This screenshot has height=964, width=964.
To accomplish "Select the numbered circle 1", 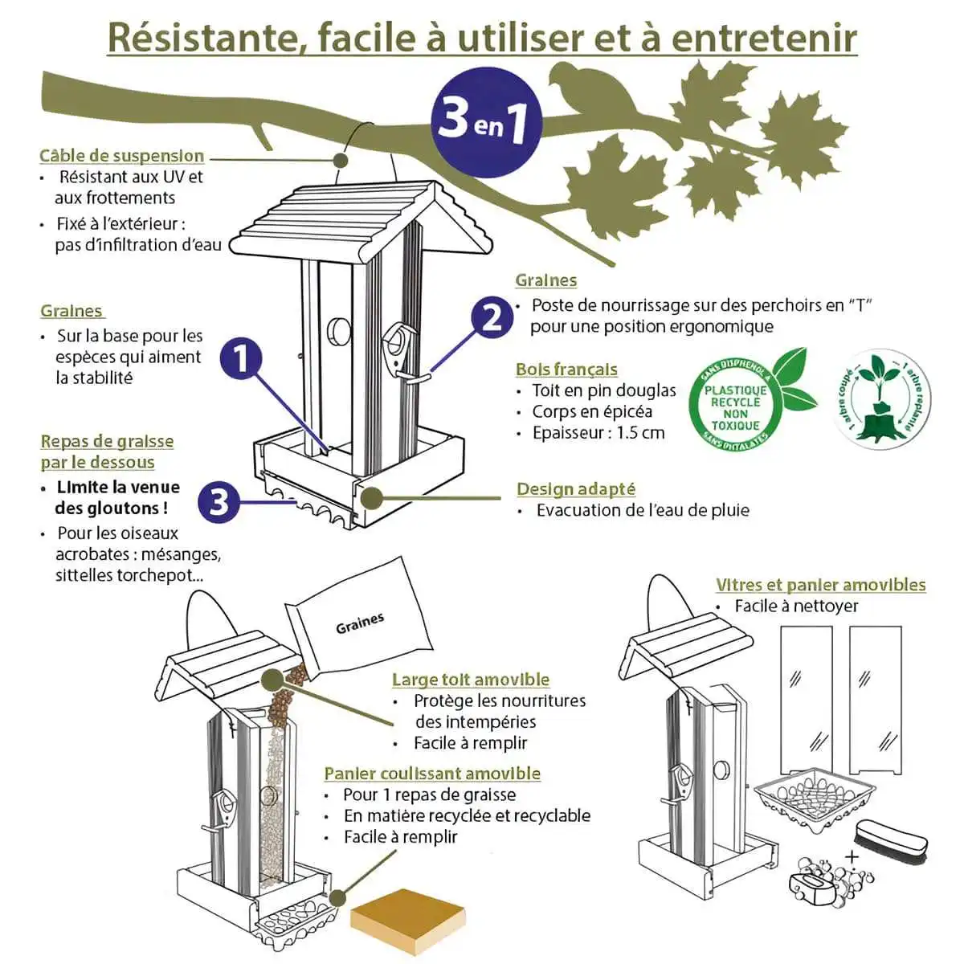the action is (x=241, y=358).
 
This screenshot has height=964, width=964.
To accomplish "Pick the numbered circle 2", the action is (x=492, y=317).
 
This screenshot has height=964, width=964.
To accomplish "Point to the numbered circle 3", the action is (x=219, y=502).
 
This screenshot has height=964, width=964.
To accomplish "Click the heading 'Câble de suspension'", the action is (x=121, y=156).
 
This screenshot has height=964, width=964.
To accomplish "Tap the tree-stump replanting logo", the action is (x=881, y=398).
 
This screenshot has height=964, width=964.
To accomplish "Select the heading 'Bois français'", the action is (x=567, y=370).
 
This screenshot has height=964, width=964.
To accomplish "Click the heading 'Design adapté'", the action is (x=576, y=489).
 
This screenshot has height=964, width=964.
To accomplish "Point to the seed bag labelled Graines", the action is (x=358, y=619).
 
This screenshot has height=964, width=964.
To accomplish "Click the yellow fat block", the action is (x=408, y=921).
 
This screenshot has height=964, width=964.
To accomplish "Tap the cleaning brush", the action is (x=892, y=840).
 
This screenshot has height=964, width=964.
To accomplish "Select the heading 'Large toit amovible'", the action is (x=471, y=680).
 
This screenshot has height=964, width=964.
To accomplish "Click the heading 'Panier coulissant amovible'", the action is (x=432, y=774).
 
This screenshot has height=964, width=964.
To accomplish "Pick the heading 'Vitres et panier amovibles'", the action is (x=821, y=585).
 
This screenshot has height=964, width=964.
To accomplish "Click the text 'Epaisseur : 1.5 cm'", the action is (x=598, y=433).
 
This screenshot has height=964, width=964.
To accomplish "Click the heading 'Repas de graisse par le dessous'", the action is (x=107, y=451).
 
